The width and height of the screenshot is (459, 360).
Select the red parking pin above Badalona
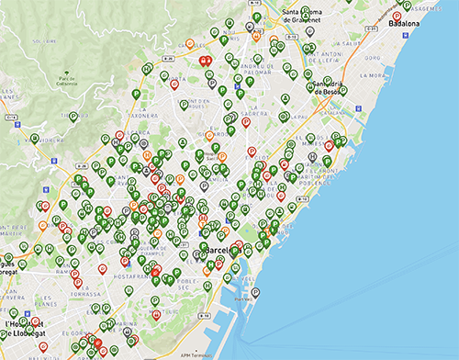coord(396,16)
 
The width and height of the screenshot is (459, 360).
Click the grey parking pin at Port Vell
coord(255,293)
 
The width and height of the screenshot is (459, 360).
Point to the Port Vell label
coord(244,298)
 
